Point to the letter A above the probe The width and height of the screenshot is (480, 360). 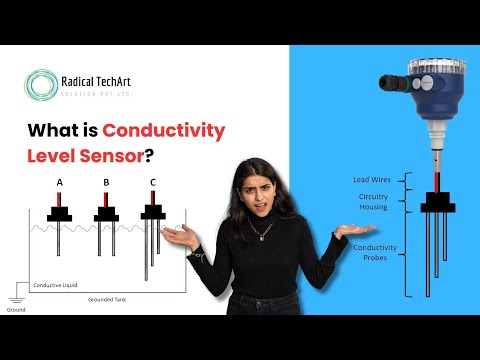coord(61,183)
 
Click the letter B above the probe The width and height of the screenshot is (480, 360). coord(106,183)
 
